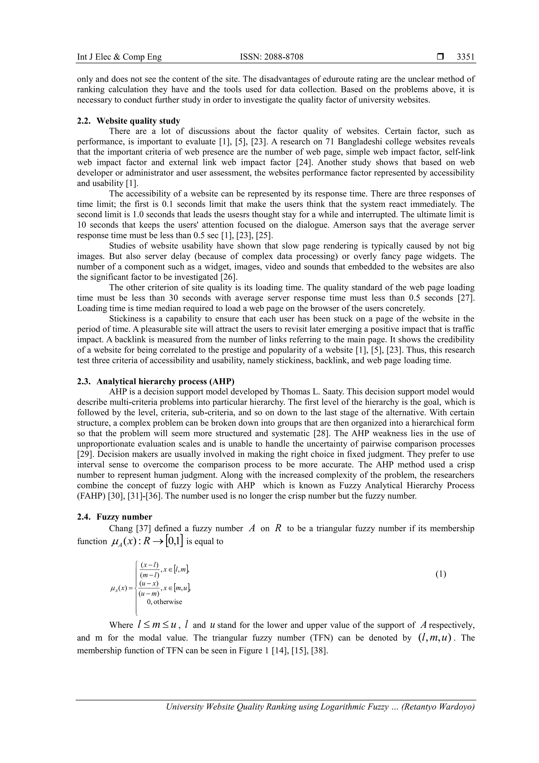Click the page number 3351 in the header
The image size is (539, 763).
coord(465,57)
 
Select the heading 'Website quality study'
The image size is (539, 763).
coord(138,121)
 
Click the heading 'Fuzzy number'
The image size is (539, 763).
coord(124,517)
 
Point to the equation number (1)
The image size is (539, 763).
coord(441,574)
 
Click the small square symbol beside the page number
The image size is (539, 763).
coord(440,57)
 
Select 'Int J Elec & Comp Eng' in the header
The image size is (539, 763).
coord(119,57)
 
